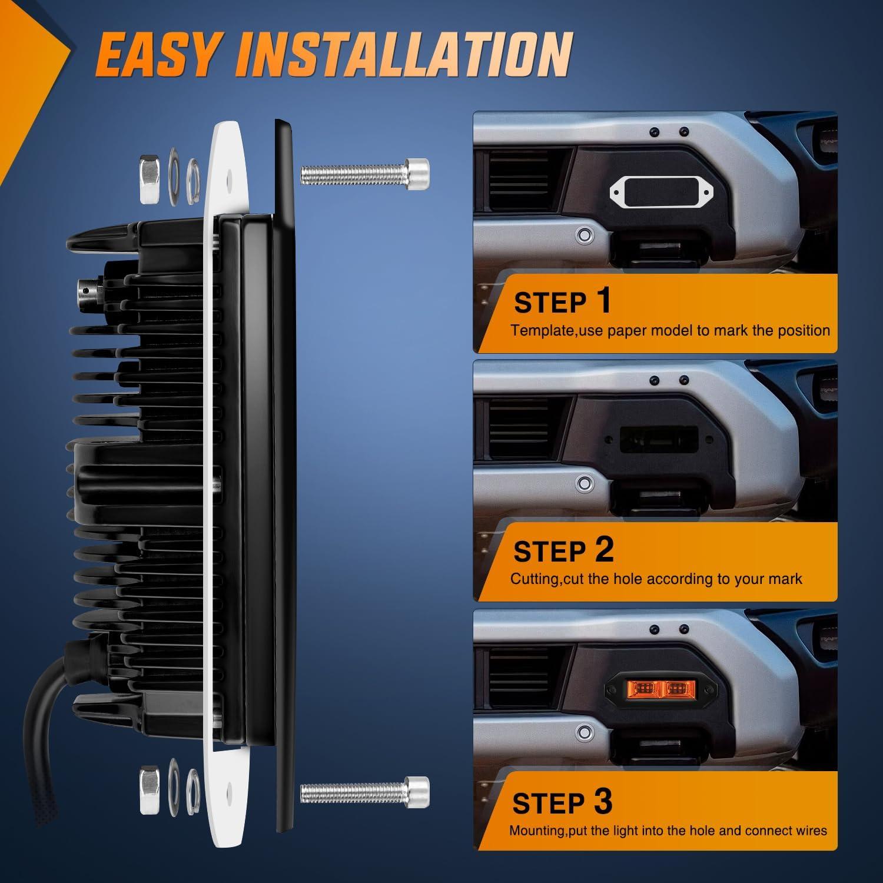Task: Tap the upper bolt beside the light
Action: (x=365, y=172)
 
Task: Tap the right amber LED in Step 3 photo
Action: (x=680, y=689)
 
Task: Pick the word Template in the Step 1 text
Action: (x=542, y=330)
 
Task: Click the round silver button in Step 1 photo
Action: (x=584, y=235)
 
